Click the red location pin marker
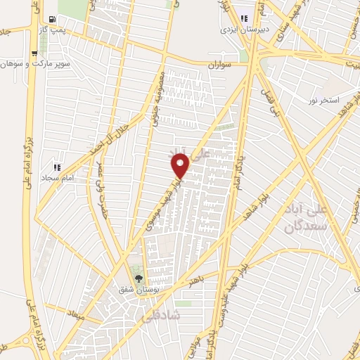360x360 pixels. [181, 166]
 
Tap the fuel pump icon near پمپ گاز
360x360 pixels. [53, 20]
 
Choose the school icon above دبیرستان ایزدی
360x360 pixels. [244, 19]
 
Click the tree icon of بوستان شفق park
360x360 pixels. [139, 278]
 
